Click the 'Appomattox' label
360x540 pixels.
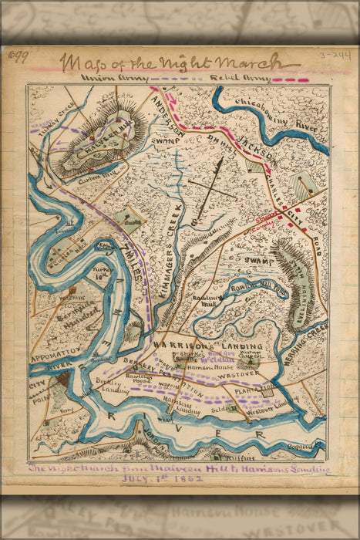coord(56,359)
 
